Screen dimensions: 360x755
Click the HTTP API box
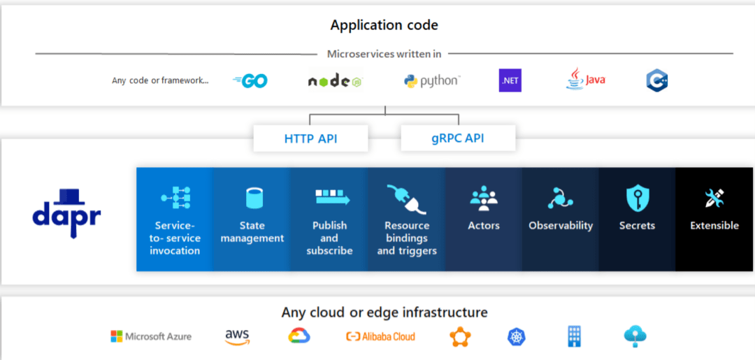click(x=310, y=138)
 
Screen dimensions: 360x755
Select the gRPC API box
click(x=458, y=138)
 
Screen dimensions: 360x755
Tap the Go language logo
click(x=250, y=81)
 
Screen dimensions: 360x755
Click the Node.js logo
click(x=334, y=81)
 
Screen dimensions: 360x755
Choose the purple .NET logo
click(x=510, y=80)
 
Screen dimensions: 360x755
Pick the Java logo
click(x=585, y=79)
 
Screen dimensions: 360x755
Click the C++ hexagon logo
click(x=657, y=80)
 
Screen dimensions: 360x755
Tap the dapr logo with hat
click(x=66, y=213)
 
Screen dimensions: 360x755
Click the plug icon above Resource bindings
click(x=406, y=199)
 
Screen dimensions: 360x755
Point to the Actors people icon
click(x=484, y=199)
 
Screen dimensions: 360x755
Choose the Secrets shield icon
click(x=637, y=199)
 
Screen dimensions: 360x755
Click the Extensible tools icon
click(x=714, y=199)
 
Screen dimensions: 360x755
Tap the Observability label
click(x=561, y=226)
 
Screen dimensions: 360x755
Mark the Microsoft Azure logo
click(x=151, y=337)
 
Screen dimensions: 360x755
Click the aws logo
click(x=238, y=337)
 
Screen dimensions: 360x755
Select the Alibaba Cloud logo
click(x=380, y=337)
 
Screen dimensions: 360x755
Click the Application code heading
click(x=384, y=26)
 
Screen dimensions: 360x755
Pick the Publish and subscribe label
click(x=329, y=238)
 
